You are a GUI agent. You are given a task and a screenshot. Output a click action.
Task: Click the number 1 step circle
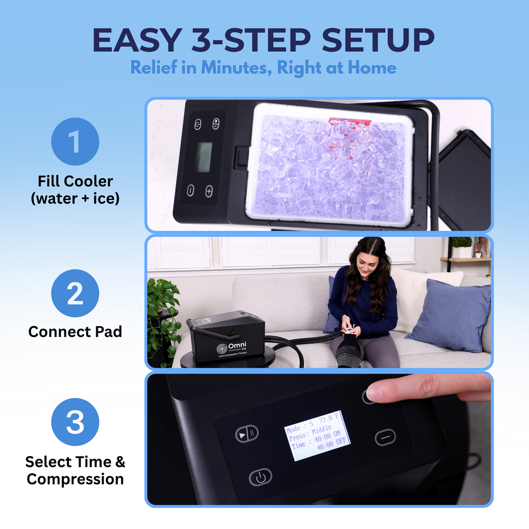75,142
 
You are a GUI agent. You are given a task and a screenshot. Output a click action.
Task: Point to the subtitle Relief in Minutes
263,68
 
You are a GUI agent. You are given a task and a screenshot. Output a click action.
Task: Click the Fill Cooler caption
75,189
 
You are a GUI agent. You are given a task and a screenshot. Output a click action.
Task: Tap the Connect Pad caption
75,332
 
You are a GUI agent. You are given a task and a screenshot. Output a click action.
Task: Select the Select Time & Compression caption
75,470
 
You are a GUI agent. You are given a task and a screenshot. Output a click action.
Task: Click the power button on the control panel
260,478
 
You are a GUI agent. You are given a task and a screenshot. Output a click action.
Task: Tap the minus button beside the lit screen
385,436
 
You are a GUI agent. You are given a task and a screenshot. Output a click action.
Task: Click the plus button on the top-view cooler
209,190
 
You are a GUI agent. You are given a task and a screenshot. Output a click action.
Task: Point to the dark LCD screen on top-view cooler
204,157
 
